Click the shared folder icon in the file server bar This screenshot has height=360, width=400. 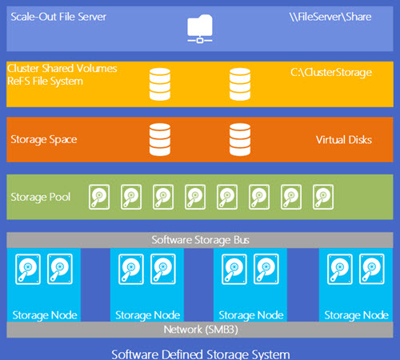pyautogui.click(x=200, y=29)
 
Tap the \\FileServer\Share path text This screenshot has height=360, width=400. pyautogui.click(x=330, y=17)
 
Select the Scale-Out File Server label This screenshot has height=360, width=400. pyautogui.click(x=58, y=17)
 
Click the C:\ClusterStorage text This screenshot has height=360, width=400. pyautogui.click(x=331, y=73)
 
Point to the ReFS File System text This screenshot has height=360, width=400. pyautogui.click(x=45, y=82)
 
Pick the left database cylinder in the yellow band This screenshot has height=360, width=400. pyautogui.click(x=160, y=84)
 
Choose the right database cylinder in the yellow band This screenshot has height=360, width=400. pyautogui.click(x=240, y=84)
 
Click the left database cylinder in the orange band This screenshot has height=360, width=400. pyautogui.click(x=160, y=139)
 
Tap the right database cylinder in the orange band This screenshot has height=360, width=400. pyautogui.click(x=240, y=139)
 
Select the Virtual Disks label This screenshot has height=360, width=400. pyautogui.click(x=344, y=140)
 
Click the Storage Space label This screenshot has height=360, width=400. pyautogui.click(x=44, y=140)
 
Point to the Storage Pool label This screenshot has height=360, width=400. pyautogui.click(x=41, y=198)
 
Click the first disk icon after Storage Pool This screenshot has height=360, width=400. pyautogui.click(x=99, y=197)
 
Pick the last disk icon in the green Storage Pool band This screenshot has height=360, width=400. pyautogui.click(x=323, y=197)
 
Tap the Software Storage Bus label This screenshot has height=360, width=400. pyautogui.click(x=200, y=240)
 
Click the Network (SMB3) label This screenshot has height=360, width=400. pyautogui.click(x=201, y=330)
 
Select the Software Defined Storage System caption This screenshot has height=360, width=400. pyautogui.click(x=201, y=354)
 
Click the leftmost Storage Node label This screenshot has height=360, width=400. pyautogui.click(x=45, y=315)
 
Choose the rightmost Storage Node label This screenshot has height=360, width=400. pyautogui.click(x=356, y=315)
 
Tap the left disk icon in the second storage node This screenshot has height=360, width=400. pyautogui.click(x=131, y=269)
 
